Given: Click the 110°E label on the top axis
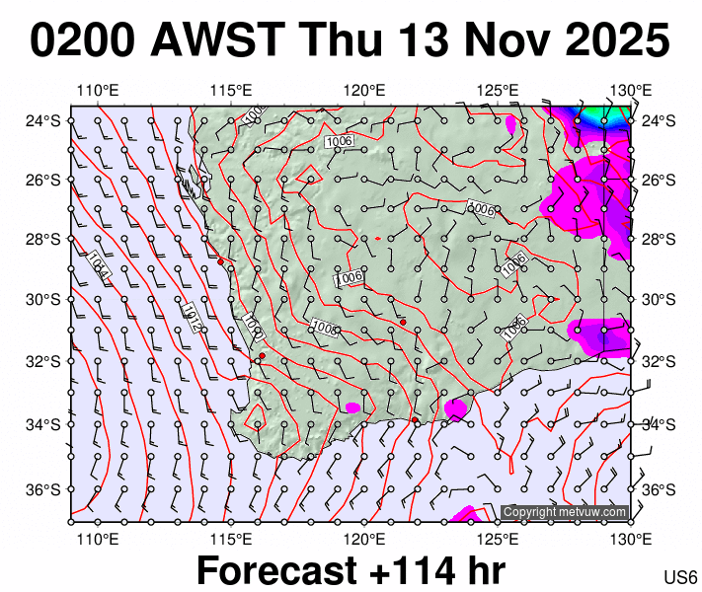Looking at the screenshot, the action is click(96, 92).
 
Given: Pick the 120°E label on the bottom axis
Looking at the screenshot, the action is click(363, 539).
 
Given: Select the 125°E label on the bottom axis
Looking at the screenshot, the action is click(498, 539).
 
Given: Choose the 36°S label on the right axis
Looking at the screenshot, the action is click(658, 489).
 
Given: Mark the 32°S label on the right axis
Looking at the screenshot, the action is click(658, 361).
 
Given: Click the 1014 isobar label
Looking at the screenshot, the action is click(96, 264).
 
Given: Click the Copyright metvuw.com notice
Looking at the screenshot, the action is click(564, 512).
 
